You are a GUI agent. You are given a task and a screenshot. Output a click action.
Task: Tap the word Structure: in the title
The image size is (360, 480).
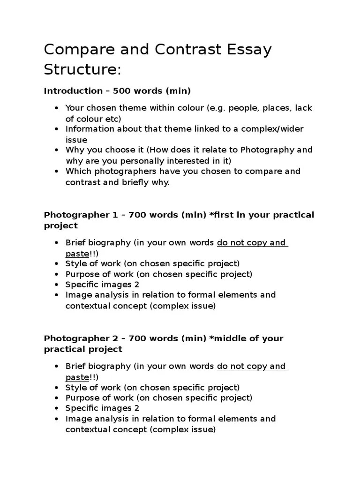click(82, 69)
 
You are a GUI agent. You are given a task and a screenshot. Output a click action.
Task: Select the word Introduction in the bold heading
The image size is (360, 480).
click(73, 90)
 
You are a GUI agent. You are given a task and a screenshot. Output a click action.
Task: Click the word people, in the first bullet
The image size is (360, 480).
click(243, 108)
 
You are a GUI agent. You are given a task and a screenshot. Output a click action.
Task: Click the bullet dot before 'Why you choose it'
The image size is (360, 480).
click(56, 150)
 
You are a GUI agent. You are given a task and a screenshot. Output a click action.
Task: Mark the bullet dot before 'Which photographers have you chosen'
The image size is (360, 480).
click(56, 172)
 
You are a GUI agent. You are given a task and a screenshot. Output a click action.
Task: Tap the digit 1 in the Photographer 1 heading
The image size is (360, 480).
click(115, 215)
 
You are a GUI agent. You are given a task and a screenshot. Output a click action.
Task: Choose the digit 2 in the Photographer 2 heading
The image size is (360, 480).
click(115, 338)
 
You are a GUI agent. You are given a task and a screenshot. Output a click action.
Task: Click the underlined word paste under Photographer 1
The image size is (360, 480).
click(77, 254)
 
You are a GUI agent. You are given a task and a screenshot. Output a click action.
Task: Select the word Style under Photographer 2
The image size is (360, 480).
click(76, 388)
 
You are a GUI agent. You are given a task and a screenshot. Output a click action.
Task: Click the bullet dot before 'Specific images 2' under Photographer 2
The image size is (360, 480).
click(56, 409)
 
